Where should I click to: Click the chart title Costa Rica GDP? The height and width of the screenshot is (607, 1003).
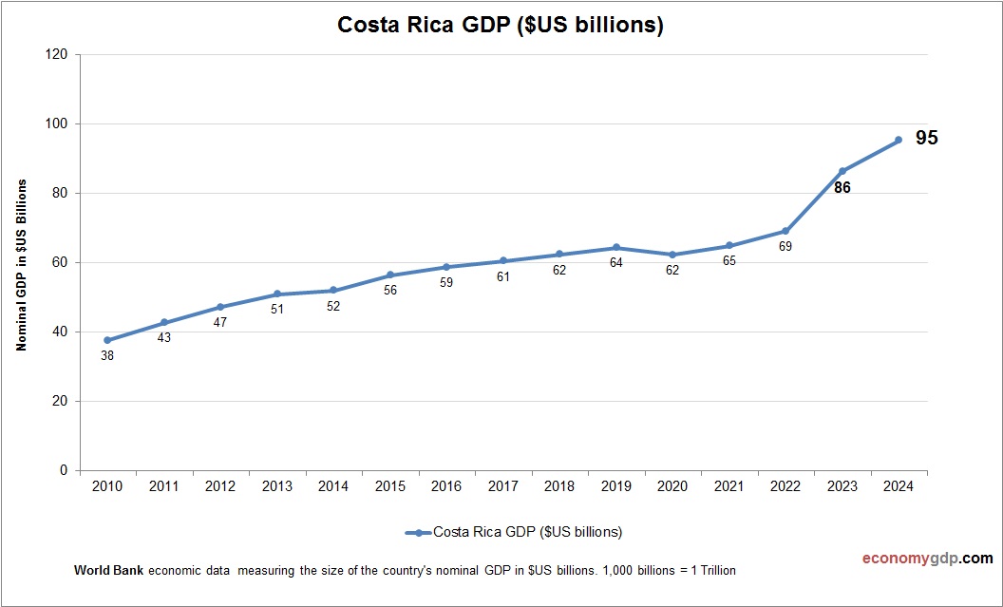501,26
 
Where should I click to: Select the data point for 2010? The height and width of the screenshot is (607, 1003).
107,340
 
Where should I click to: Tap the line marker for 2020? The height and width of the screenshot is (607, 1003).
672,255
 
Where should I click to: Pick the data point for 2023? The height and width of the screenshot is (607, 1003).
842,171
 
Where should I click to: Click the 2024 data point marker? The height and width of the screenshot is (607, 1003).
899,141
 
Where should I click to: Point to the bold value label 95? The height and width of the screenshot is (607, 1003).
926,139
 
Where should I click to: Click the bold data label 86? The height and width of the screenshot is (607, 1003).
842,188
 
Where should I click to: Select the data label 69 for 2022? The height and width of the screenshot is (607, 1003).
785,246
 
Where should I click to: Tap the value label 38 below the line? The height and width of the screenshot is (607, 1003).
107,356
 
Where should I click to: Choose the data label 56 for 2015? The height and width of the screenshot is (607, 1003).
390,291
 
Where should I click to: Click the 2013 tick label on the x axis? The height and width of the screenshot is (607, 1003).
277,486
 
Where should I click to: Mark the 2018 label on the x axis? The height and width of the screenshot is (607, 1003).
559,486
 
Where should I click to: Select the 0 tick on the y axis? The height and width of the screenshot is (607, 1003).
64,470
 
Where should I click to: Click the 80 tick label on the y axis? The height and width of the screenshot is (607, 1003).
60,194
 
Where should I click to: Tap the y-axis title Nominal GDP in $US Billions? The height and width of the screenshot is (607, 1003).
21,264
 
